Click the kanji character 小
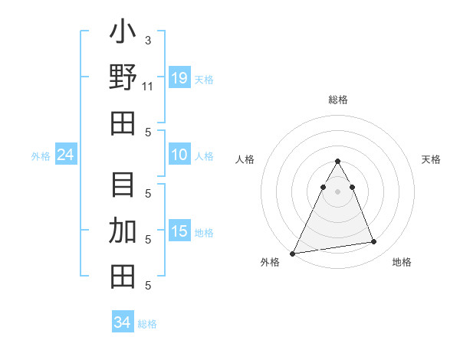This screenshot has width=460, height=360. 123,35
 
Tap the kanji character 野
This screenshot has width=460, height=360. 123,79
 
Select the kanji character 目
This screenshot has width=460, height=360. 123,186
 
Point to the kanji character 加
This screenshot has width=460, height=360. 123,231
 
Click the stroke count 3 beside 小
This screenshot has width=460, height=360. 148,40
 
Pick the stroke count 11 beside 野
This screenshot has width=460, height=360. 148,86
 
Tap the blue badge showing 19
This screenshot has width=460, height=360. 179,77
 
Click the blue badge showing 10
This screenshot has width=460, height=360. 179,155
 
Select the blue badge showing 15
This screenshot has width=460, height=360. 179,231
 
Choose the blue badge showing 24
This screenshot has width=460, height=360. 66,155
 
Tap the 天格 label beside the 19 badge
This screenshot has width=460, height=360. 204,79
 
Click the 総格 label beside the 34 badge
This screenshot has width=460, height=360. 147,324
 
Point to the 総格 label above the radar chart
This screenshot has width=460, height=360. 338,100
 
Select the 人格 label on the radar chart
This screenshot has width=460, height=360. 245,159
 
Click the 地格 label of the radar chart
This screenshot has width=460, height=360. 402,262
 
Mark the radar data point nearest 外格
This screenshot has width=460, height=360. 293,253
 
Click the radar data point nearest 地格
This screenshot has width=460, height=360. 374,242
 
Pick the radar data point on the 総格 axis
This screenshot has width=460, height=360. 338,162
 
